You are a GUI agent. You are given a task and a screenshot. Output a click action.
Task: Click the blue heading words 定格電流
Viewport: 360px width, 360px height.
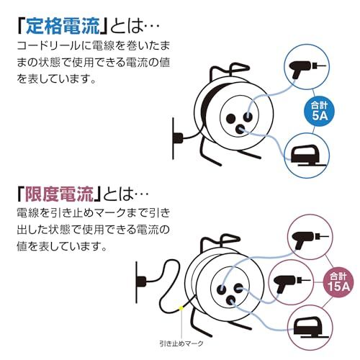click(60, 27)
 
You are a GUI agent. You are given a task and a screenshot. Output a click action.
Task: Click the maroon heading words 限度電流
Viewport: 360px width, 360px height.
click(61, 194)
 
